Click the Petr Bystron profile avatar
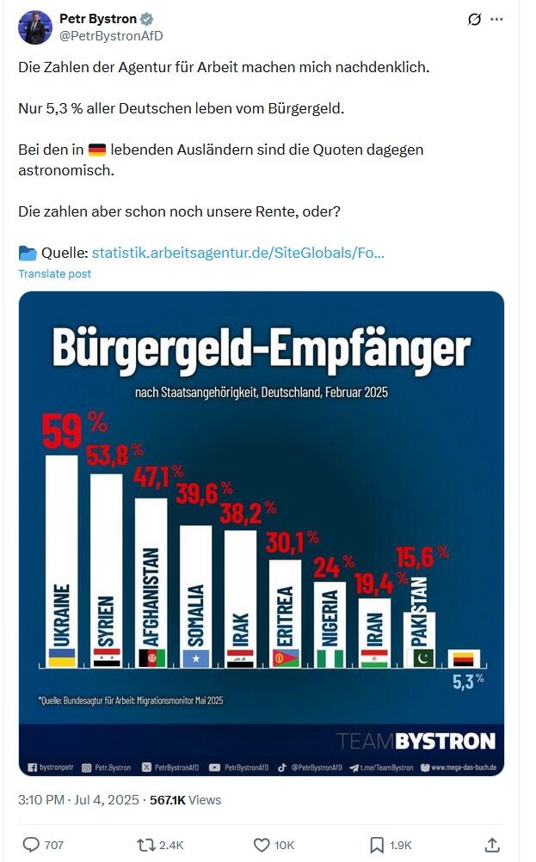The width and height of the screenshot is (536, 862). tap(35, 28)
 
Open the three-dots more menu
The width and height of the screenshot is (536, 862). tap(496, 19)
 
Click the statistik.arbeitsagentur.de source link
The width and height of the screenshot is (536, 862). tap(237, 253)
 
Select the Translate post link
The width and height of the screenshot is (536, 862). tap(54, 273)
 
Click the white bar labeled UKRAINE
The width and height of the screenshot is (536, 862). tap(61, 559)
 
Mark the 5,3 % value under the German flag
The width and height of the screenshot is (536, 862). tap(468, 681)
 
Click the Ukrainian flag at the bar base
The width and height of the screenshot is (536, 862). tap(61, 658)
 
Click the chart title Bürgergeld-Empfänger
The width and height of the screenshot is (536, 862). tap(261, 349)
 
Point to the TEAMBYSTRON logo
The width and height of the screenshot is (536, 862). tap(416, 741)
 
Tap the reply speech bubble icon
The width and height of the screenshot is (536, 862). tap(31, 845)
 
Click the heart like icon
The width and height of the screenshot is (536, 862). tap(262, 845)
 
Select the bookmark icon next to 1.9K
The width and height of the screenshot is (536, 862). tap(376, 845)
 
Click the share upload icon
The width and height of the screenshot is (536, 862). tap(492, 845)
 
